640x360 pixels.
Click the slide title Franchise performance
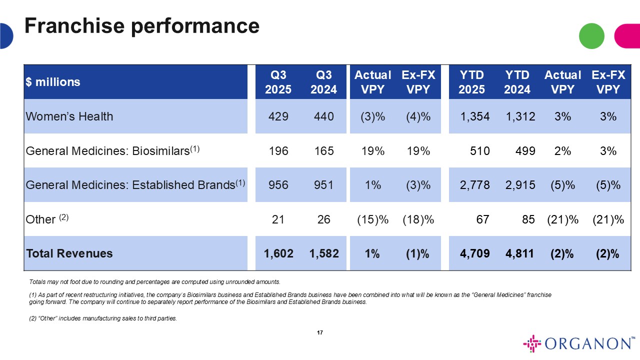(x=142, y=25)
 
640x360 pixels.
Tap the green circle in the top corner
(x=591, y=36)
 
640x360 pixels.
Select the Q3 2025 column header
(x=278, y=82)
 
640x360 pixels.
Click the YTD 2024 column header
(x=517, y=82)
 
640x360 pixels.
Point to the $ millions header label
(x=53, y=82)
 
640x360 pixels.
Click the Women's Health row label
(x=69, y=116)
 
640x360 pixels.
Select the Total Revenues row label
(x=69, y=253)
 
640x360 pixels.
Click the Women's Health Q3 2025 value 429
(x=278, y=116)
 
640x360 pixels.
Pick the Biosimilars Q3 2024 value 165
(x=324, y=150)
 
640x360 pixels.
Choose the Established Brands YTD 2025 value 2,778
(x=472, y=185)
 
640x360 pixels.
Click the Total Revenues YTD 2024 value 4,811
(x=520, y=253)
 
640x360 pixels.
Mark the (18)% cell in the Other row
(x=418, y=219)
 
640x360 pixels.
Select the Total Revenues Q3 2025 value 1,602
(x=278, y=253)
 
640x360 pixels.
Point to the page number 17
(x=320, y=333)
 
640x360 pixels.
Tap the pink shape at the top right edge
(x=627, y=36)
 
